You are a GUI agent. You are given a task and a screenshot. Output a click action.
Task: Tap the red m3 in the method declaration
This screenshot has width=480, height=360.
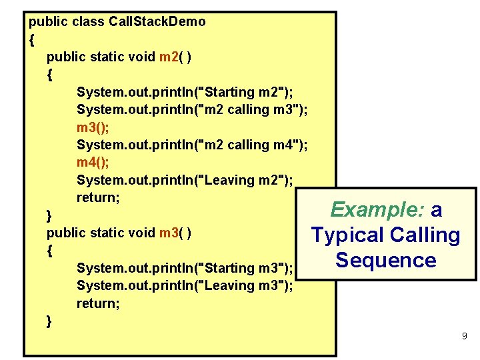167,233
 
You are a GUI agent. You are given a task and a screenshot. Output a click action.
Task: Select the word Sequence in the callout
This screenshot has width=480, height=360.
386,260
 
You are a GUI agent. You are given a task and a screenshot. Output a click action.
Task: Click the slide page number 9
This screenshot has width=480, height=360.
464,337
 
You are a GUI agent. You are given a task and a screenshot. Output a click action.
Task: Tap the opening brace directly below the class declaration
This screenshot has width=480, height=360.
32,40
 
